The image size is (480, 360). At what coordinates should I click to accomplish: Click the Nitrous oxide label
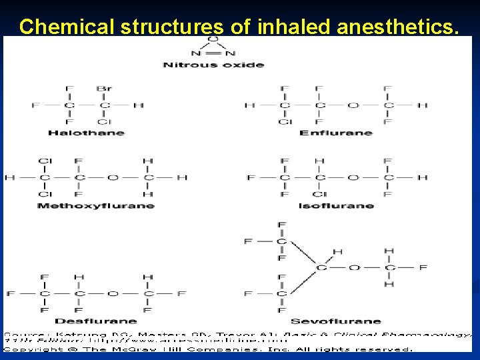[213, 65]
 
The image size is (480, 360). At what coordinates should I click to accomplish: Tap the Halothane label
[86, 133]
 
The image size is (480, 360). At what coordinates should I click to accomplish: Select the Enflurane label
[336, 133]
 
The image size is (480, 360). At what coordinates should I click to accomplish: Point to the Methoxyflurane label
[96, 205]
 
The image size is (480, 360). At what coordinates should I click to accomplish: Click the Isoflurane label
[336, 205]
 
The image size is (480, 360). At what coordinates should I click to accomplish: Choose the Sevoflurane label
[336, 321]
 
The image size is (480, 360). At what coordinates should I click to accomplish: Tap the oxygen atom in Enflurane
[354, 105]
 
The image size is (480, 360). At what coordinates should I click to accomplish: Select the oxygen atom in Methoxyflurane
[113, 177]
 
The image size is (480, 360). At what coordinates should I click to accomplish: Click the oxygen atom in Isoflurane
[354, 177]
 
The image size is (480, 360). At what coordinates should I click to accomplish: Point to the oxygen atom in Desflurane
[113, 293]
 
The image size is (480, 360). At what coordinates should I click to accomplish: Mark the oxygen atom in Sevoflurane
[354, 267]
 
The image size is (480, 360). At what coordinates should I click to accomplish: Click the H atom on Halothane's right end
[139, 105]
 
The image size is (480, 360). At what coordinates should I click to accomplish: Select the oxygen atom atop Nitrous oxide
[213, 39]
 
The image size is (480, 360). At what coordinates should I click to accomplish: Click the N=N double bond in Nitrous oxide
[213, 53]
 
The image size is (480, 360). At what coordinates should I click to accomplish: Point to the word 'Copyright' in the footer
[33, 347]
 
